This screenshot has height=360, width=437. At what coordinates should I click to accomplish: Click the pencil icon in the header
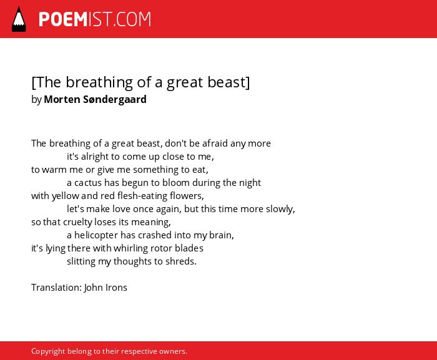point(19,19)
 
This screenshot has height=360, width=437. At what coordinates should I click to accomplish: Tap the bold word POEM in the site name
point(63,19)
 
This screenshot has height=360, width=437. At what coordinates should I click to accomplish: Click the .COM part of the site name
point(132,19)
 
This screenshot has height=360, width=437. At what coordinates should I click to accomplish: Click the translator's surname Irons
point(116,288)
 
